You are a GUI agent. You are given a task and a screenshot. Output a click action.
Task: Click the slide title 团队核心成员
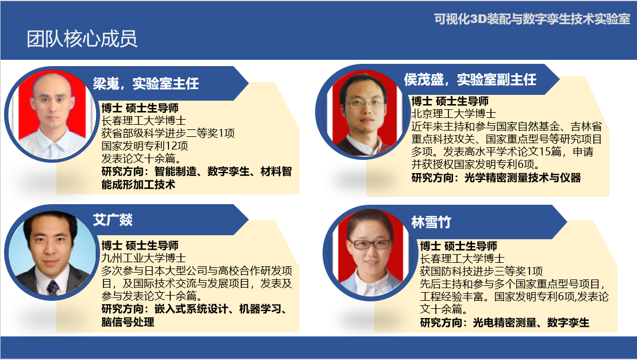point(82,39)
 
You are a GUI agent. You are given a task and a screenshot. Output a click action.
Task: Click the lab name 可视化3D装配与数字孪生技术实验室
point(532,19)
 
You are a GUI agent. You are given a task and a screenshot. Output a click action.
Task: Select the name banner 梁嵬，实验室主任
point(146,83)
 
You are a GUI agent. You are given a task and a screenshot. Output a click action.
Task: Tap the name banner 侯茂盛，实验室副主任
point(470,79)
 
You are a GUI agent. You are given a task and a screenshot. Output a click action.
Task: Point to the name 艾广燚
point(113,220)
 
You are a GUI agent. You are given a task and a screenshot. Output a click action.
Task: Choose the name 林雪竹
point(431,222)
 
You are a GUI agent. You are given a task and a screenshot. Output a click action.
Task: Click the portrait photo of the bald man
point(52,114)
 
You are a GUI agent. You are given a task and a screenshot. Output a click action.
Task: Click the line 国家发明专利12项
point(145,145)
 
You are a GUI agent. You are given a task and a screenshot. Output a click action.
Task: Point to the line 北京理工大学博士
point(454,113)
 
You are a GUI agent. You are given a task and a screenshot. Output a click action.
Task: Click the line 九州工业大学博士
point(144,258)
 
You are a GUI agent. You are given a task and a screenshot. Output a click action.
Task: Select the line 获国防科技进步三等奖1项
point(481,271)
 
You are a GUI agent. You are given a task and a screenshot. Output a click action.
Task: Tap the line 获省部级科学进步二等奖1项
point(168,133)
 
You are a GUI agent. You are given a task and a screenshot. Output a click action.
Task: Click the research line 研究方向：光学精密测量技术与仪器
point(496,178)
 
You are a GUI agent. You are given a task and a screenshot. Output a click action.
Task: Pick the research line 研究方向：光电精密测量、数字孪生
point(505,323)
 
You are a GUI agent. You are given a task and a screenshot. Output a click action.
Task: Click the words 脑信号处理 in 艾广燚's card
point(128,322)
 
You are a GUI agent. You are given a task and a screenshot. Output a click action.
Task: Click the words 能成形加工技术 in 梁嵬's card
point(138,185)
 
